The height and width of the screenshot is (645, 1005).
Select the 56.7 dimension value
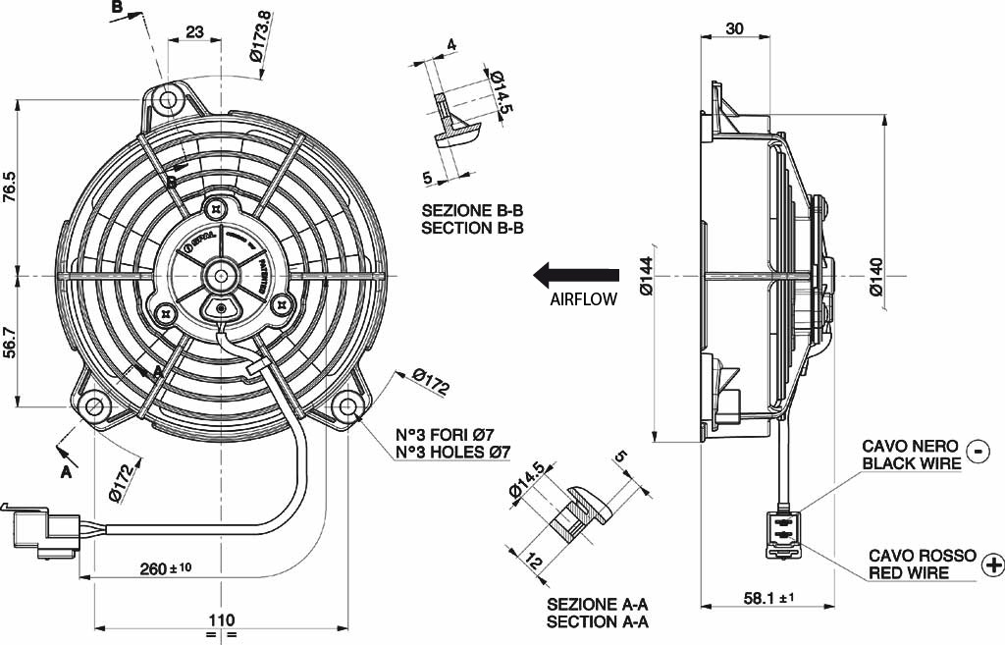(11, 343)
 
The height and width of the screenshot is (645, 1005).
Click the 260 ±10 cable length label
(166, 567)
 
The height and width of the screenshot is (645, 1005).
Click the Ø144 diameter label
(646, 277)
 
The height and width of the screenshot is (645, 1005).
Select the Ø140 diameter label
(876, 277)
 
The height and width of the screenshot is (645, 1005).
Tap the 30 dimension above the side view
(735, 28)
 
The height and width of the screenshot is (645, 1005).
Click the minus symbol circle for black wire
(978, 451)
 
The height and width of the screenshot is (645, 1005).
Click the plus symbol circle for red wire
(992, 564)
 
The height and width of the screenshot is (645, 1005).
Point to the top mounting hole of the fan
(170, 100)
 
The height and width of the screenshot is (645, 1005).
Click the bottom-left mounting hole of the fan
(94, 406)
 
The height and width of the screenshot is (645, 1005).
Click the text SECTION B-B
(472, 228)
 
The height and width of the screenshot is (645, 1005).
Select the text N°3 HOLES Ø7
(452, 453)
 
